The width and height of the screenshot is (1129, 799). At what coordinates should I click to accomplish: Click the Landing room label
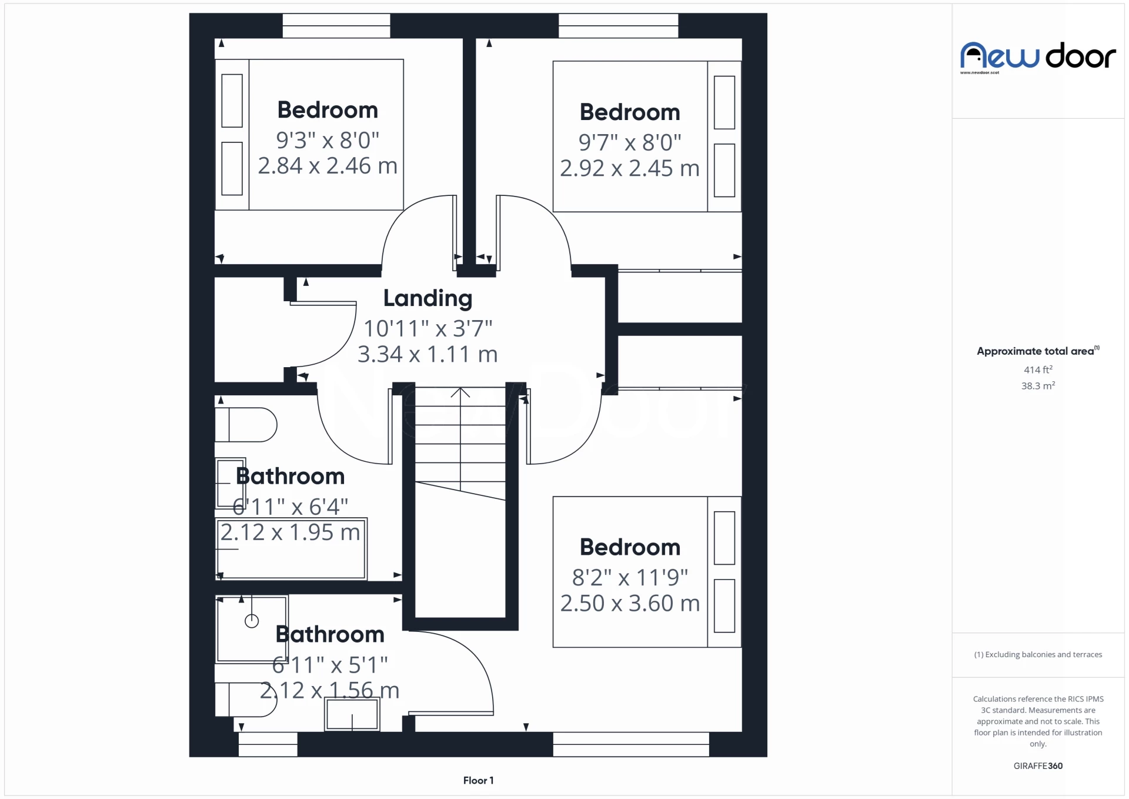[x=427, y=298]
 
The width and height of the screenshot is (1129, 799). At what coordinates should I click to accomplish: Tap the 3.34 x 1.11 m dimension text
[x=427, y=354]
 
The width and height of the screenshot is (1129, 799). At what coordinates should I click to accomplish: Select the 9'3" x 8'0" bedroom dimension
[x=328, y=140]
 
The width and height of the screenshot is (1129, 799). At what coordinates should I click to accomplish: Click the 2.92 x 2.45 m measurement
[x=629, y=168]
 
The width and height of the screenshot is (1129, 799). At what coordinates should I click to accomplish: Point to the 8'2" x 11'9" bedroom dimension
[x=630, y=577]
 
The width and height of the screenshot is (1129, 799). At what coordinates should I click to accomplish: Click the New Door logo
[x=1037, y=57]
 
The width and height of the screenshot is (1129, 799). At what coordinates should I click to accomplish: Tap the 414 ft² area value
[x=1038, y=369]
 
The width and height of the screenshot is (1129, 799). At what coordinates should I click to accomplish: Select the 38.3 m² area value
[x=1038, y=386]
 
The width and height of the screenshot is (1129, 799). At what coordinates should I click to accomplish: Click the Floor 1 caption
[x=478, y=780]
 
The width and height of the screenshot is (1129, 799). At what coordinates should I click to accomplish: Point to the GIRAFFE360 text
[x=1038, y=765]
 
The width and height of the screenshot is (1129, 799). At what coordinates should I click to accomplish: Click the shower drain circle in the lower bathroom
[x=252, y=621]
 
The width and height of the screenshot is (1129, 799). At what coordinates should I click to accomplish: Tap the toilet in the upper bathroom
[x=247, y=425]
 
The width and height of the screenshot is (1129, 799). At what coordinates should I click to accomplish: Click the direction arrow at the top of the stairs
[x=460, y=392]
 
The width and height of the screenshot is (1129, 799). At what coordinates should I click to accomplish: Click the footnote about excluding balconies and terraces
[x=1038, y=654]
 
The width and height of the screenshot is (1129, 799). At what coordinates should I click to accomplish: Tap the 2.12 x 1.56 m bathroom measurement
[x=329, y=690]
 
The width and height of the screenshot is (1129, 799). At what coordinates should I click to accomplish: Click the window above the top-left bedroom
[x=336, y=26]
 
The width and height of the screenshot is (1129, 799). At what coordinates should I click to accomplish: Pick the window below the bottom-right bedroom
[x=630, y=744]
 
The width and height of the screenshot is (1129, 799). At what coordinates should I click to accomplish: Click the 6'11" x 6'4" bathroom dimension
[x=290, y=506]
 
